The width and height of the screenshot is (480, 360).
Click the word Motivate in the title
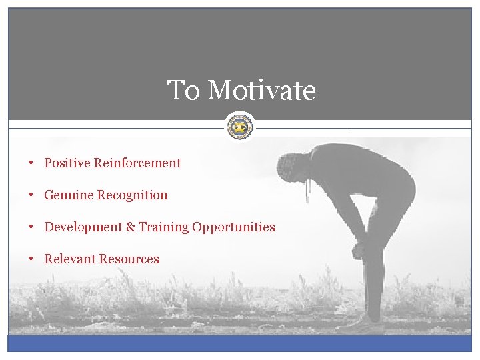pos(261,91)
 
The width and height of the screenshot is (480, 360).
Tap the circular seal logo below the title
pos(239,126)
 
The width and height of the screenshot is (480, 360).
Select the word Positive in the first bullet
pos(67,163)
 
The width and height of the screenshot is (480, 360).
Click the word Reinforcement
pos(137,163)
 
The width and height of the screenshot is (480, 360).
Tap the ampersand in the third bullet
pos(130,227)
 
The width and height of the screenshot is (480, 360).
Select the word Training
pos(164,227)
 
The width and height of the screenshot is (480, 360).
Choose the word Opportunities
pos(233,227)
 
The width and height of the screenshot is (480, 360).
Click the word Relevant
pos(70,259)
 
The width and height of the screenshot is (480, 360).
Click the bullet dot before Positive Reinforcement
pos(32,163)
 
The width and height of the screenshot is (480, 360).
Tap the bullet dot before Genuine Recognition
pos(32,195)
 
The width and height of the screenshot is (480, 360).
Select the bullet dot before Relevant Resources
pos(32,259)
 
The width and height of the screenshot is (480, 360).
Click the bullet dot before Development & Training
pos(32,227)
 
